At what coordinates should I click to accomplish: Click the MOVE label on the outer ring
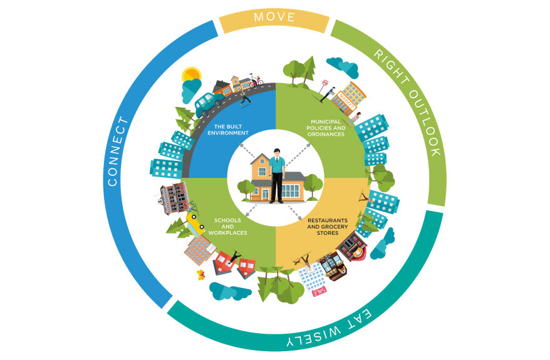point(274,18)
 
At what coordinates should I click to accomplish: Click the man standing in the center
point(276,175)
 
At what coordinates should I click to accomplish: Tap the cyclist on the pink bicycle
point(256,81)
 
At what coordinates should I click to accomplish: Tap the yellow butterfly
point(200,274)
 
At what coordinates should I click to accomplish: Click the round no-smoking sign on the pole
point(324,82)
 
